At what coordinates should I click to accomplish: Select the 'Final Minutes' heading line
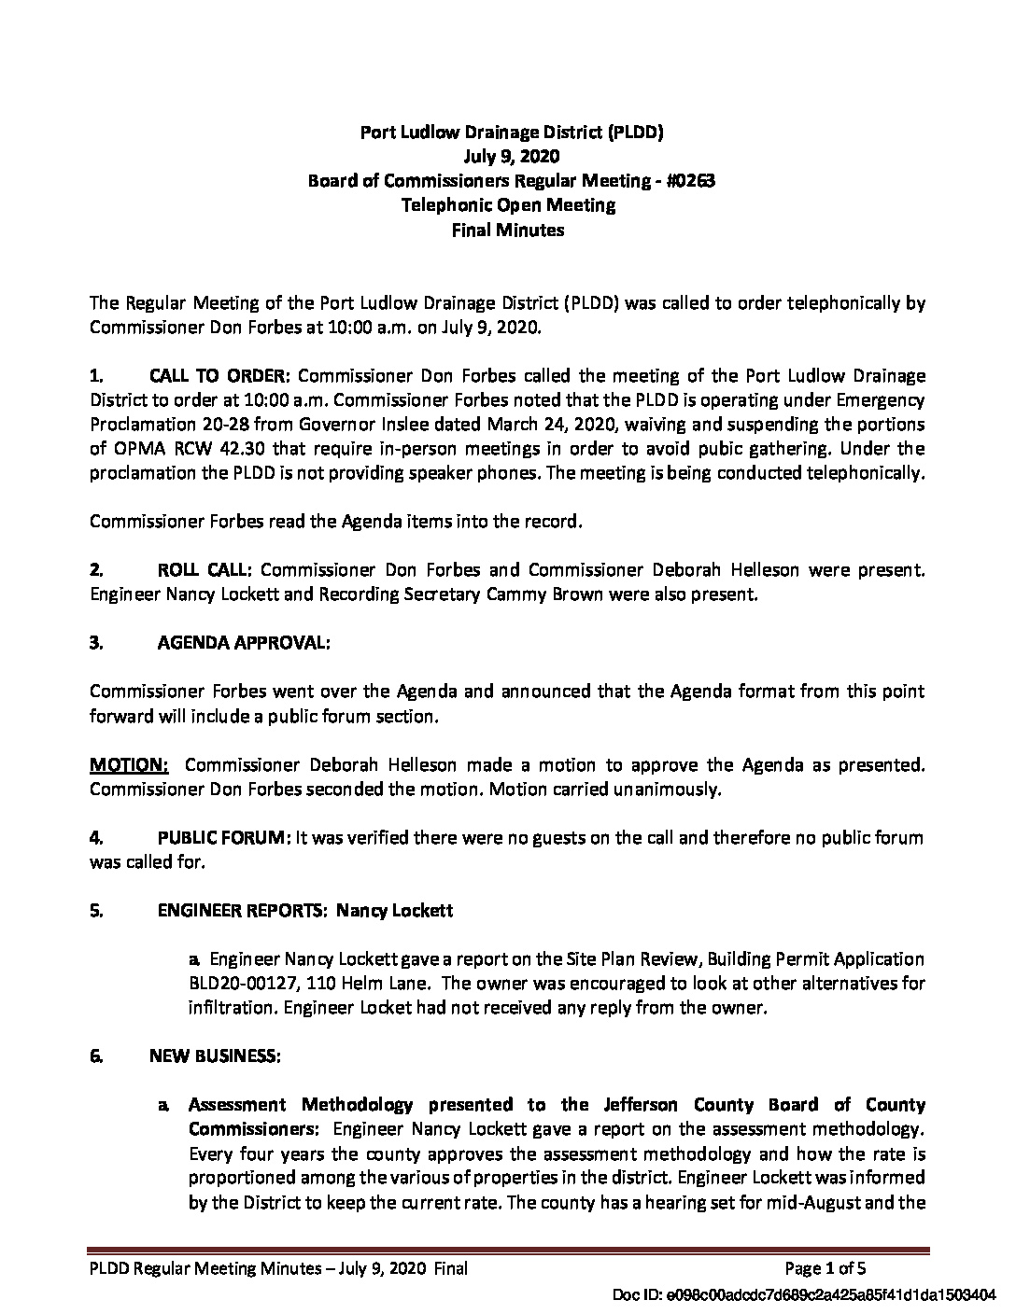pos(508,229)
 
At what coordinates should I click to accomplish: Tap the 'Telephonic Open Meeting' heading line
pos(508,204)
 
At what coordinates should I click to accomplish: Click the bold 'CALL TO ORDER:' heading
pos(220,376)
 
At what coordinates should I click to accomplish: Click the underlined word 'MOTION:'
pos(129,765)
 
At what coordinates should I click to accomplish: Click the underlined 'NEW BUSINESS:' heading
pos(214,1056)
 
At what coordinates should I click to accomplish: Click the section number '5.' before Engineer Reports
pos(95,911)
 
